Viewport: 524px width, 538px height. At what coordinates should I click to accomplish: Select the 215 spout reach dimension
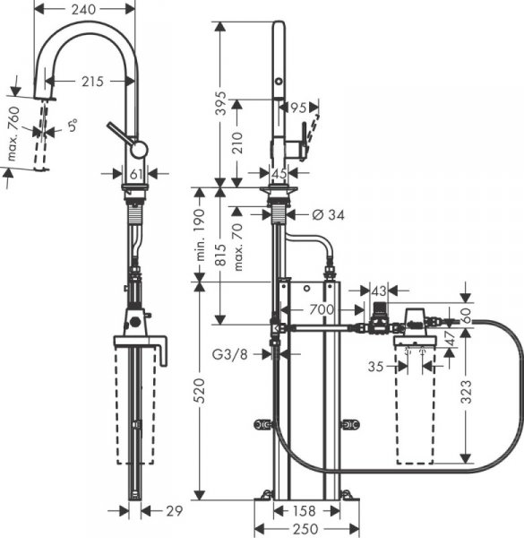coord(90,82)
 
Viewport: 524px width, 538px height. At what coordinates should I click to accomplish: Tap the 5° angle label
coord(73,126)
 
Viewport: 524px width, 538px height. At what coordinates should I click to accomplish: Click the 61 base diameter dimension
coord(135,173)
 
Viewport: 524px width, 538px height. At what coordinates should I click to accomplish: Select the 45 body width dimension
coord(278,173)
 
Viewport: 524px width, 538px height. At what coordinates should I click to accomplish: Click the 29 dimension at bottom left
coord(174,511)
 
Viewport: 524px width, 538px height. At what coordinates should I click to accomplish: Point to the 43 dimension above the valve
coord(379,291)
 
